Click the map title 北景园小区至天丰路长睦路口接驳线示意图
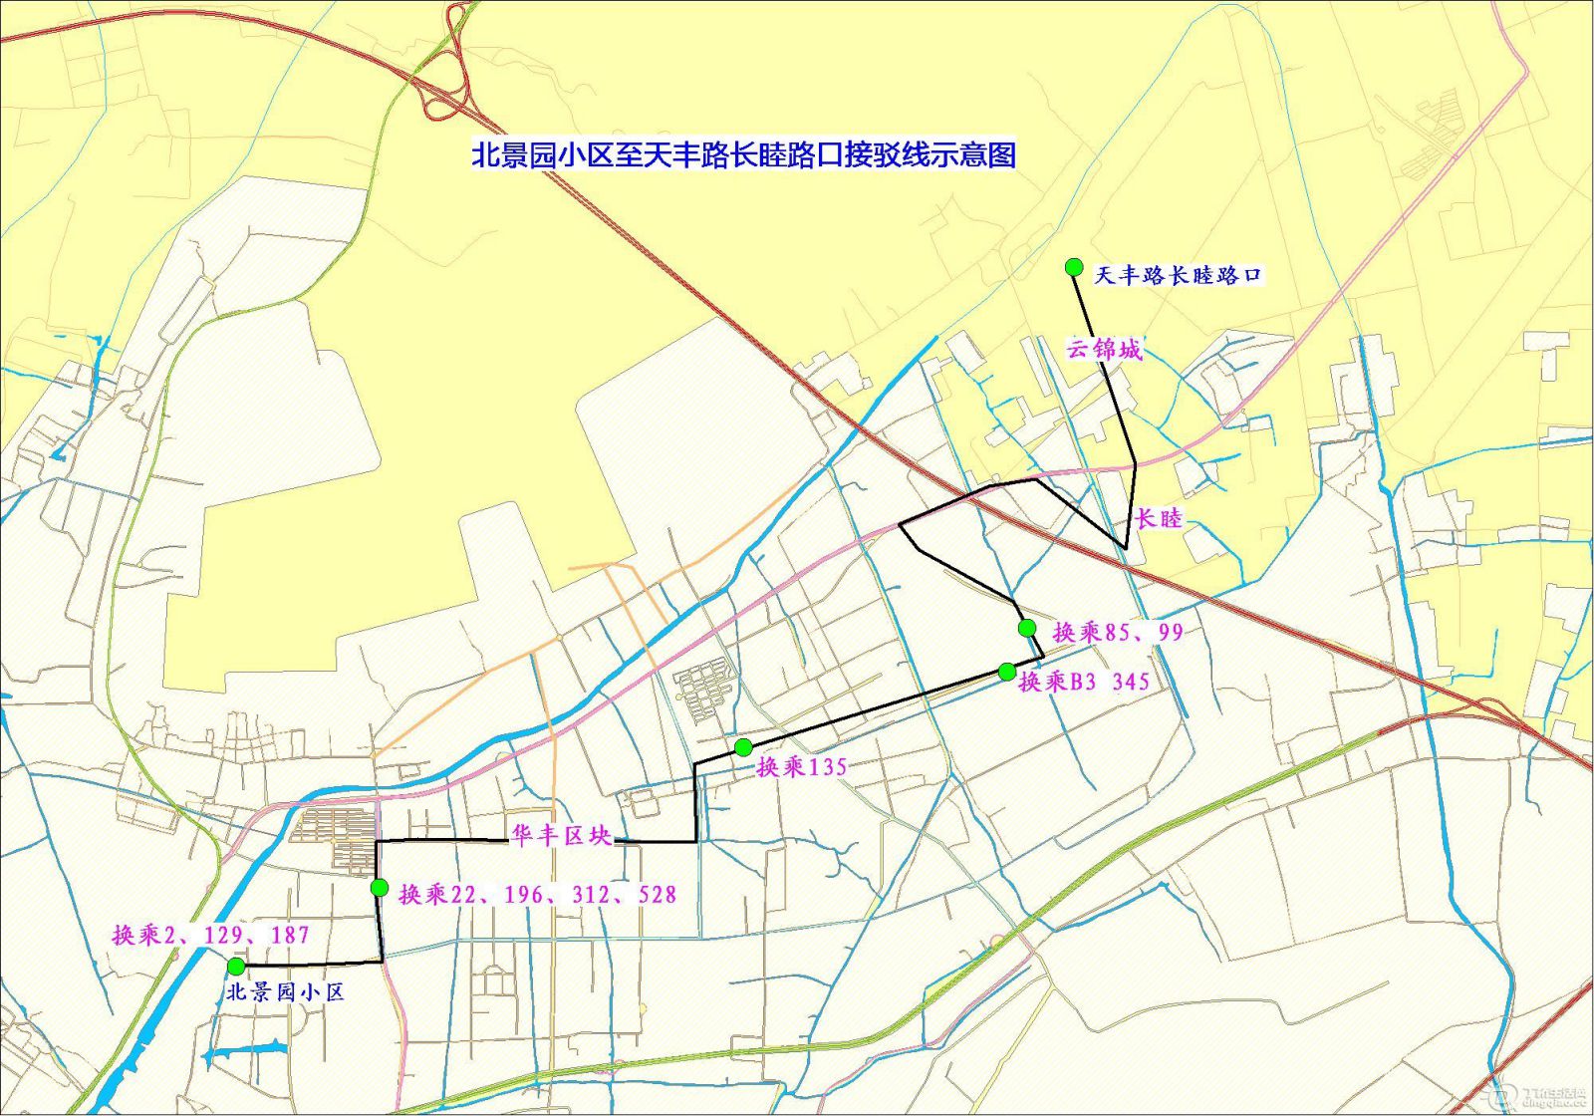pyautogui.click(x=743, y=155)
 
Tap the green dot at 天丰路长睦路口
pyautogui.click(x=1074, y=266)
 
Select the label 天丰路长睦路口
pyautogui.click(x=1179, y=275)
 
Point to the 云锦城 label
pyautogui.click(x=1104, y=350)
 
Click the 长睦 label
pyautogui.click(x=1159, y=518)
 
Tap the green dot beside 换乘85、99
pyautogui.click(x=1027, y=628)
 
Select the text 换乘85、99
pyautogui.click(x=1118, y=632)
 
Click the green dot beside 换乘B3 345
pyautogui.click(x=1007, y=672)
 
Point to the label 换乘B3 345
pyautogui.click(x=1084, y=682)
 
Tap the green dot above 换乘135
pyautogui.click(x=743, y=747)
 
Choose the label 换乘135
pyautogui.click(x=802, y=767)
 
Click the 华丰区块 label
pyautogui.click(x=561, y=836)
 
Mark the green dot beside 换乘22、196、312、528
pyautogui.click(x=380, y=888)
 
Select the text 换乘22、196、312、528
pyautogui.click(x=537, y=895)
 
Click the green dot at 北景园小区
pyautogui.click(x=236, y=967)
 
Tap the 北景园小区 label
pyautogui.click(x=285, y=992)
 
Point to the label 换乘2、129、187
pyautogui.click(x=210, y=935)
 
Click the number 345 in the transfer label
pyautogui.click(x=1131, y=682)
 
